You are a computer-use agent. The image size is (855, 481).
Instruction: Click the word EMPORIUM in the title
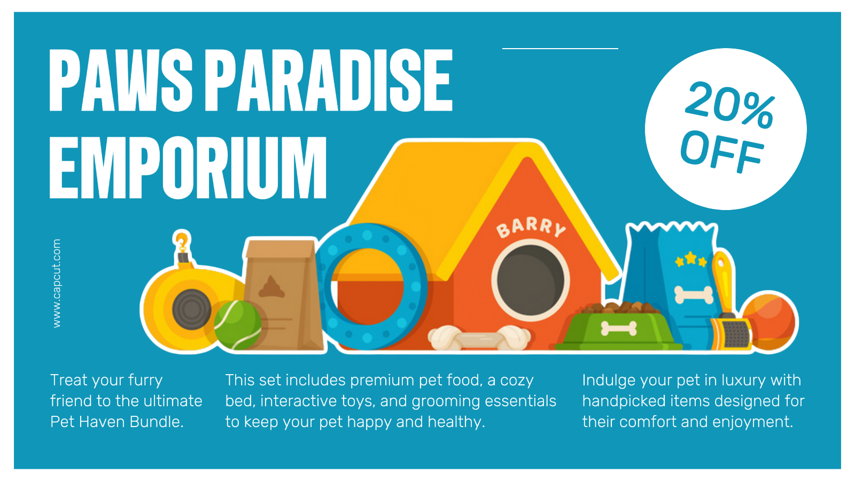(188, 167)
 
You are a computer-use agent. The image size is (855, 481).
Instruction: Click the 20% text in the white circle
(729, 105)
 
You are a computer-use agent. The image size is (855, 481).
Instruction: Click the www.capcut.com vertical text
(57, 283)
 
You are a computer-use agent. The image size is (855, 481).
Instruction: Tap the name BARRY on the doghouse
(531, 227)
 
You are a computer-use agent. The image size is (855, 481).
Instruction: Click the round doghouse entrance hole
(531, 281)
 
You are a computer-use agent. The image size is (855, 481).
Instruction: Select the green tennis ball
(237, 325)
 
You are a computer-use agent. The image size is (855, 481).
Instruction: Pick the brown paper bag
(283, 293)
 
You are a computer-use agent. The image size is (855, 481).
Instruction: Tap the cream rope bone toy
(479, 338)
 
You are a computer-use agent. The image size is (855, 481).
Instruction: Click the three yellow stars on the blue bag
(691, 260)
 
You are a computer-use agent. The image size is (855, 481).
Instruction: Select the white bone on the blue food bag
(694, 295)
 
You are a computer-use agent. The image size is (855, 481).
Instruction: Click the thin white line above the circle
(560, 49)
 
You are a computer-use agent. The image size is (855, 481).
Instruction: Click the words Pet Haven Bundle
(116, 422)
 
